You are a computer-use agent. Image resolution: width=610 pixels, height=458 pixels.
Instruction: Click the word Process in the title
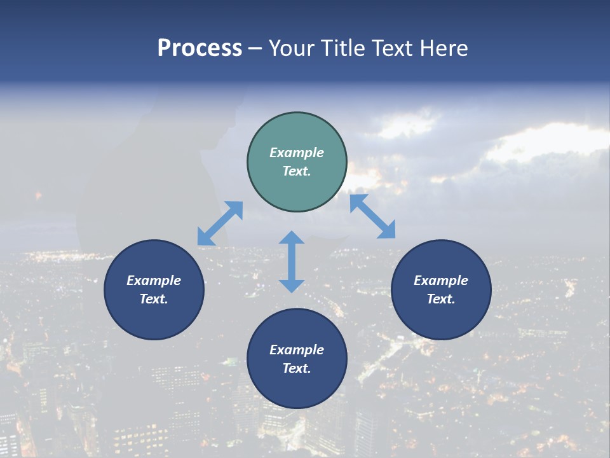(200, 48)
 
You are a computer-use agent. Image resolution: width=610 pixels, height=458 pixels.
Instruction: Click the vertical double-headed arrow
(292, 261)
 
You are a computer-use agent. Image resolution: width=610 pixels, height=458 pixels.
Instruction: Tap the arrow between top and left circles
(220, 223)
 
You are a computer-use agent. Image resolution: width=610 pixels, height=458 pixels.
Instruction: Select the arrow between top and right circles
(372, 216)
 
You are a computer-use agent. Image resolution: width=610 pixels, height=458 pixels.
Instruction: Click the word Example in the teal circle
(297, 153)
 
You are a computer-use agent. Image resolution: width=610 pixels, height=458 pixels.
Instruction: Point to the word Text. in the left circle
(154, 299)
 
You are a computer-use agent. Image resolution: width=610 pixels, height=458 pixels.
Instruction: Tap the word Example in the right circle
(441, 281)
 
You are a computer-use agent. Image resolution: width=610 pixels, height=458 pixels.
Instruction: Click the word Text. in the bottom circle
(297, 368)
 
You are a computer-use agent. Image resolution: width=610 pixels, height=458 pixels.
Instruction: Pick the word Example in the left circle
(154, 281)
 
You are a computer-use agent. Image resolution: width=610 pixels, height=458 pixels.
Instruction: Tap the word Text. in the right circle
(441, 299)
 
